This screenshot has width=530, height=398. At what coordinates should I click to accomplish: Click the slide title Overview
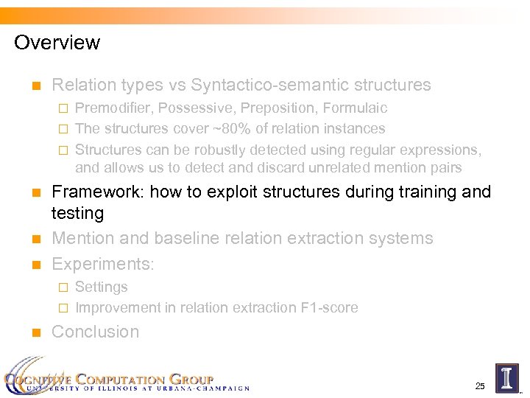coord(57,43)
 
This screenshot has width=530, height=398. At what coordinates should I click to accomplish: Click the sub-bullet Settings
coord(102,287)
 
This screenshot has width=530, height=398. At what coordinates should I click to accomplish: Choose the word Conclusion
coord(95,332)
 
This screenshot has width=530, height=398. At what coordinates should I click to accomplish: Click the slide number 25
coord(480,385)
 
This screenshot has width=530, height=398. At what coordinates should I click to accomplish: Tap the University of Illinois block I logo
coord(506,377)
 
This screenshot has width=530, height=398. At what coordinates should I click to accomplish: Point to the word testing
coord(77,214)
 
